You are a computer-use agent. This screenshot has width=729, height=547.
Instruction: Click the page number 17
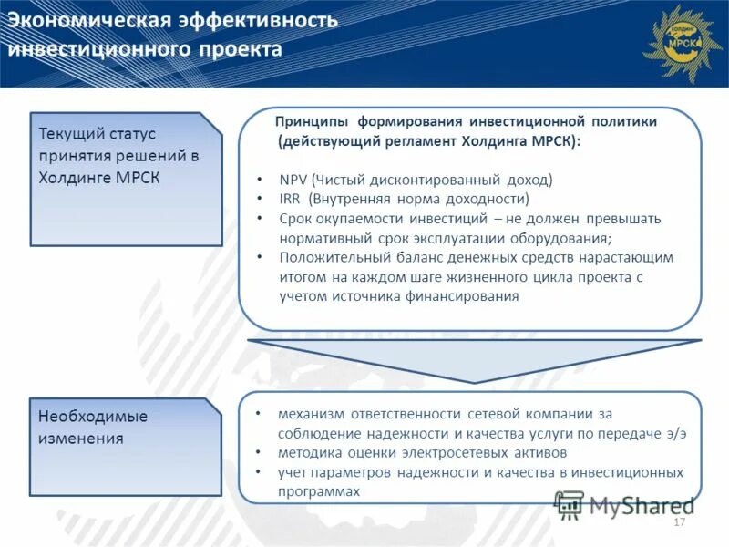678,522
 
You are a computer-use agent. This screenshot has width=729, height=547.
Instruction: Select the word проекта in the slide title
241,48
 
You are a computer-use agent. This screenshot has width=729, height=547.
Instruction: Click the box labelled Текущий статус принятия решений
126,178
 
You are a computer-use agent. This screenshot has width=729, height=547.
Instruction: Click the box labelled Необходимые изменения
126,446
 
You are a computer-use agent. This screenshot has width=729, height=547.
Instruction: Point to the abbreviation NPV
293,180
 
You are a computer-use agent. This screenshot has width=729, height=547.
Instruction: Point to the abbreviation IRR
291,199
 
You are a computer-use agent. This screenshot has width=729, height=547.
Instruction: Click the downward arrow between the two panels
474,358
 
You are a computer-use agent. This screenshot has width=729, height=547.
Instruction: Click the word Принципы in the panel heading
312,121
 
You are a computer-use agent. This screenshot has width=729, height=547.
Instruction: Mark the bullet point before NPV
260,181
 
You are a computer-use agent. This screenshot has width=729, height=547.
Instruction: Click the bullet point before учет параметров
260,472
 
